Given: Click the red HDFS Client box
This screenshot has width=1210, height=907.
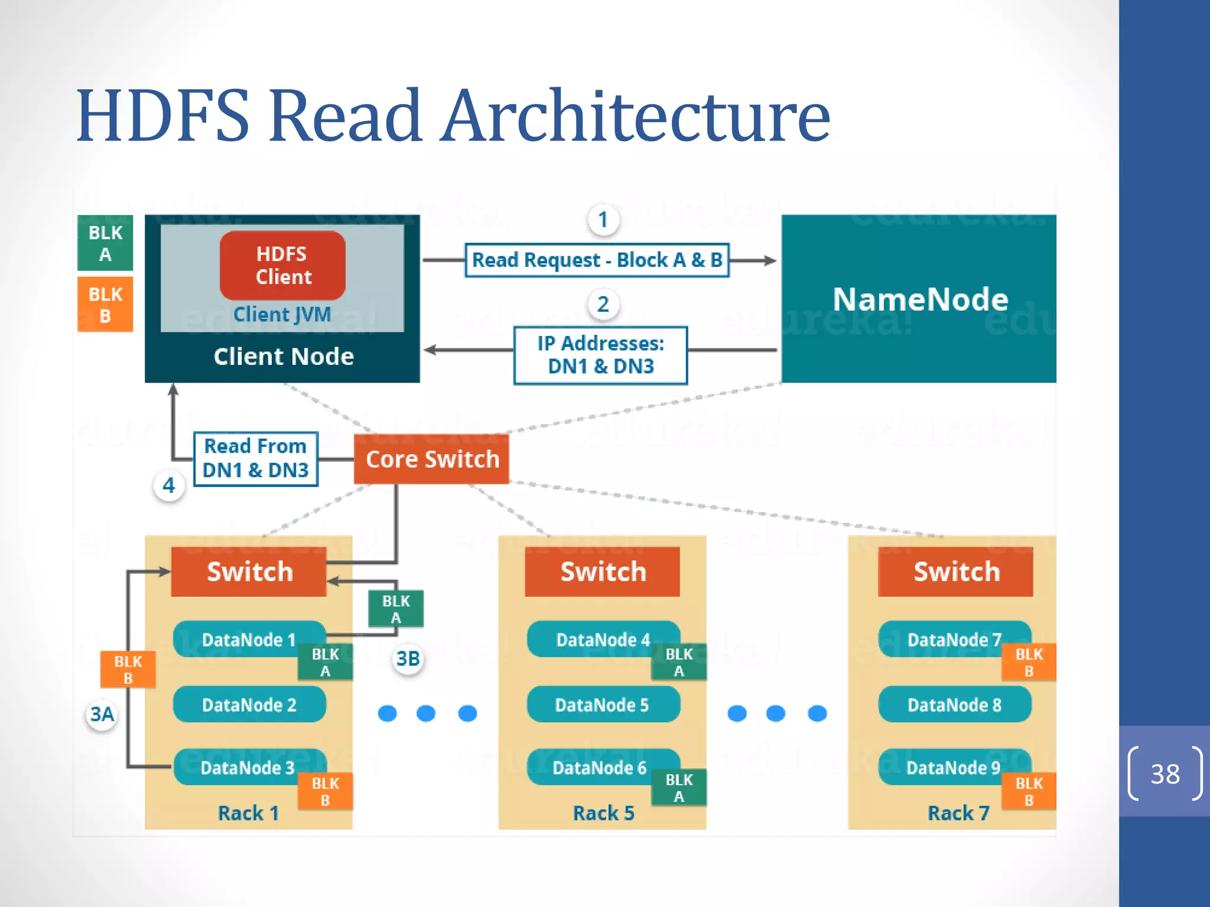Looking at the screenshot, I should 282,266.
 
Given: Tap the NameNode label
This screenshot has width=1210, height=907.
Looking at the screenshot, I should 920,299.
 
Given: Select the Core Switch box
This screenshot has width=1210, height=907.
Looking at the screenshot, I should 432,459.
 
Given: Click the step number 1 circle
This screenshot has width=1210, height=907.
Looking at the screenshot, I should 603,220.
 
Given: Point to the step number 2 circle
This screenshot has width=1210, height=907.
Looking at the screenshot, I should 603,304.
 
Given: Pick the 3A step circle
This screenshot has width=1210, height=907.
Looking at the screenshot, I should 102,714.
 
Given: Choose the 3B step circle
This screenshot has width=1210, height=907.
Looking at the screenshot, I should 408,658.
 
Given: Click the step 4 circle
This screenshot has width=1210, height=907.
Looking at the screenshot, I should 169,485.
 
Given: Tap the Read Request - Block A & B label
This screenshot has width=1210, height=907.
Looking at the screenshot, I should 597,260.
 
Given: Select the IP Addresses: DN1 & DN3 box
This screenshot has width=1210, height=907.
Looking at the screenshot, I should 600,355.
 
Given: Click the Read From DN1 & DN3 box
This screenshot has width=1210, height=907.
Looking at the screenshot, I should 255,459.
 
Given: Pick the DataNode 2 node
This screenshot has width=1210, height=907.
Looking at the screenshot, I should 249,704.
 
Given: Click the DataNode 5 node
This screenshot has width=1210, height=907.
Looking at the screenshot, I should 602,704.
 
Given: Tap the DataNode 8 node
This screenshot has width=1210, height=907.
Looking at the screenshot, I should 954,704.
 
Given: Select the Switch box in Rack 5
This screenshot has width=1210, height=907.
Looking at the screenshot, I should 602,572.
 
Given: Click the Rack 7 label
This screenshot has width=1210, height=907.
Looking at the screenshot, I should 958,813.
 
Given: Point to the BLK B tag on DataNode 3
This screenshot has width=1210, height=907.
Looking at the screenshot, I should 325,791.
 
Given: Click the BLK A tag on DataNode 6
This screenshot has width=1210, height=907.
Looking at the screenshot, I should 678,788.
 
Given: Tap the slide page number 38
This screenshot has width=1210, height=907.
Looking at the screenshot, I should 1165,774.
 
